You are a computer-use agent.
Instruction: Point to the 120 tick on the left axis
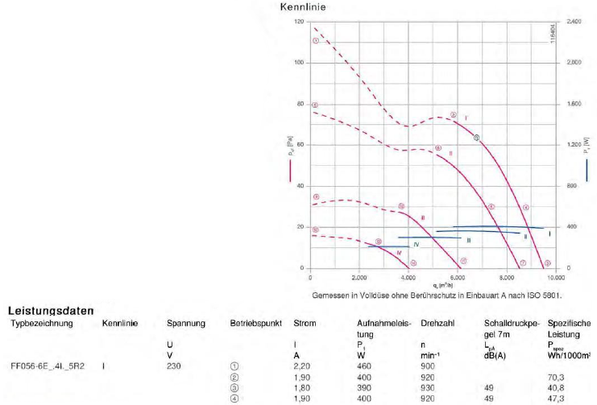[299, 22]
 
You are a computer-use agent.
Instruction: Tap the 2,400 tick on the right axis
[573, 22]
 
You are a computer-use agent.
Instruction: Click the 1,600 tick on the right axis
[573, 104]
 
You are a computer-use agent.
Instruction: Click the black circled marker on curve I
[477, 138]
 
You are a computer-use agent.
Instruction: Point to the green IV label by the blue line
[416, 244]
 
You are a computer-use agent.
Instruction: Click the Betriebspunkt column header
[255, 323]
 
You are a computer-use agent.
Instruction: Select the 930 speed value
[429, 387]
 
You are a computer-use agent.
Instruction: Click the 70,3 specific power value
[556, 376]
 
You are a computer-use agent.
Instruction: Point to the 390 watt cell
[365, 387]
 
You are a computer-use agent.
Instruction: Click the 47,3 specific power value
[556, 399]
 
